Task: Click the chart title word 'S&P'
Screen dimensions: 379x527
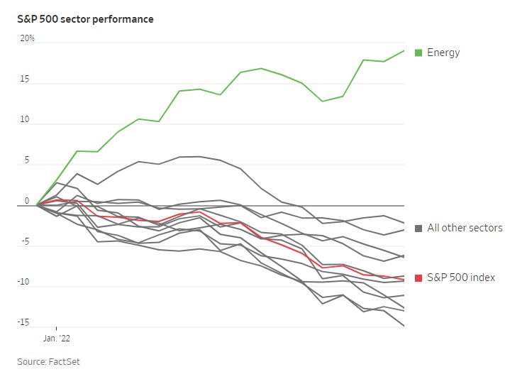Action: (28, 19)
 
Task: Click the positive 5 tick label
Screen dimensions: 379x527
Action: (28, 160)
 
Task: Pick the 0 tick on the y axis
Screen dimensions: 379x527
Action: (28, 201)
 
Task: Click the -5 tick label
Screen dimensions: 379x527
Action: (25, 241)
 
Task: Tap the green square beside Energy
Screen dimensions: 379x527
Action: (418, 53)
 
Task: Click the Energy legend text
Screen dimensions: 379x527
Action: (443, 53)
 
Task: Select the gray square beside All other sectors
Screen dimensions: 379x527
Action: (418, 228)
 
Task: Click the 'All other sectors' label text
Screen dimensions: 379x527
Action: (465, 228)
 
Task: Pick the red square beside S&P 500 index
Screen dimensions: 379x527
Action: (418, 278)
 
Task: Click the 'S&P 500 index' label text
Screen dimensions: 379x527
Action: (461, 278)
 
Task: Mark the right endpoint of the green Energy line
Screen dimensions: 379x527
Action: (404, 50)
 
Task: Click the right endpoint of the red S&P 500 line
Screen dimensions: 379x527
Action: (404, 279)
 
